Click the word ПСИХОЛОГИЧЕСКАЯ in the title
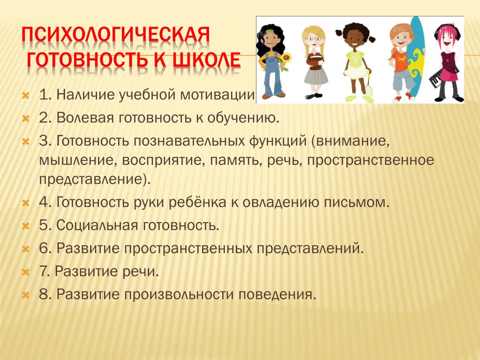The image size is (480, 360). pos(116,35)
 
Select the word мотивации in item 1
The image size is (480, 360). pos(217,95)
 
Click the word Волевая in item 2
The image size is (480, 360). pos(85,118)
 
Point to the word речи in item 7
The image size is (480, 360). pos(141,272)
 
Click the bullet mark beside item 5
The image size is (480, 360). pos(26,226)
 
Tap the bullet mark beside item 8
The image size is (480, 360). pos(26,295)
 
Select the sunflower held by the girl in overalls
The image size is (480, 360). pos(286,60)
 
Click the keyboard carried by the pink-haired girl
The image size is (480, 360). pos(436,80)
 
